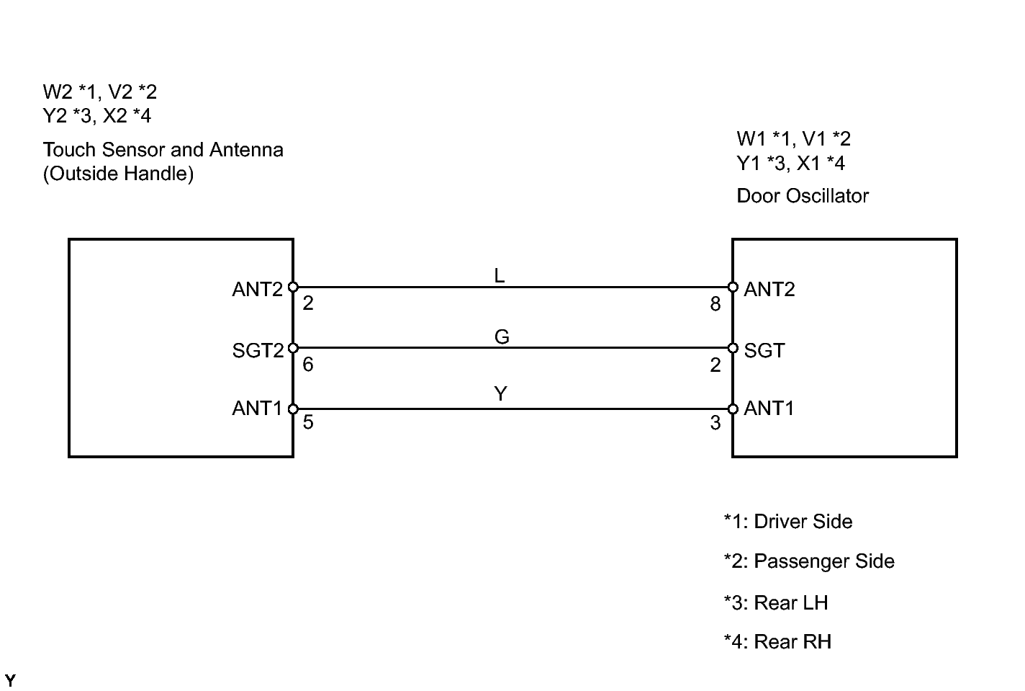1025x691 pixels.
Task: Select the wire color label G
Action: [x=502, y=336]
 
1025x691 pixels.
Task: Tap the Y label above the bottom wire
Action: [x=501, y=393]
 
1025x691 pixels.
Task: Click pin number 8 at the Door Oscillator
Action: [x=715, y=304]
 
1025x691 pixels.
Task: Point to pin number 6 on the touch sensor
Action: [x=308, y=365]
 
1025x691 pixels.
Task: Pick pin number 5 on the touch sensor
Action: [x=308, y=422]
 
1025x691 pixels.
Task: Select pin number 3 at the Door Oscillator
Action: [x=715, y=423]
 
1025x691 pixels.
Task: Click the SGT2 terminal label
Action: [x=258, y=351]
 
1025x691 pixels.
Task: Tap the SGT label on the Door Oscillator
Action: [x=764, y=351]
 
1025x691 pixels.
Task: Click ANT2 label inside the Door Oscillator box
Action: [x=769, y=290]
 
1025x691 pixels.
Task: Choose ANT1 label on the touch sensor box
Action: [x=258, y=409]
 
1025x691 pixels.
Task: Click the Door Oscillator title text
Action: [x=803, y=196]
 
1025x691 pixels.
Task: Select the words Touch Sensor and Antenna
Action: [x=163, y=150]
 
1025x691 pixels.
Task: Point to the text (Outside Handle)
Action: [x=118, y=174]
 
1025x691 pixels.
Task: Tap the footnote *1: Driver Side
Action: [x=788, y=522]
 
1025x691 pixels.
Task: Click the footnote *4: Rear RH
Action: [x=777, y=642]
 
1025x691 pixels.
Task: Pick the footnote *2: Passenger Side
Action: [x=809, y=561]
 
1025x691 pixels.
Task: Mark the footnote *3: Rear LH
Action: [x=776, y=602]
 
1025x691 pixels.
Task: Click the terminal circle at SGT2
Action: [x=293, y=349]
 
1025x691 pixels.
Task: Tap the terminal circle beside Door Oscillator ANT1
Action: [x=733, y=409]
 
